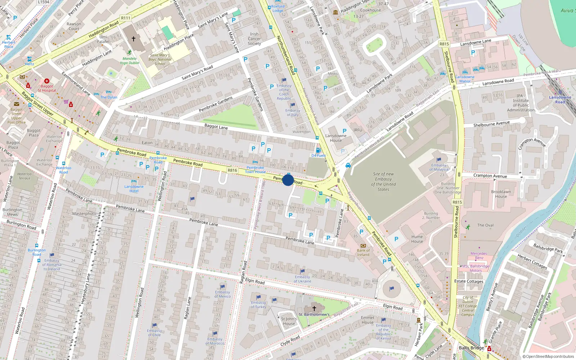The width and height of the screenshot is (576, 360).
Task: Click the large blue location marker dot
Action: (288, 180)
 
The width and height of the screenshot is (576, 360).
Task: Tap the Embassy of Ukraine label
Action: (302, 279)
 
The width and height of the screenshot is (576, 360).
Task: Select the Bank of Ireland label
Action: (363, 252)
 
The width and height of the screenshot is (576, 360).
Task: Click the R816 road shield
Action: (233, 170)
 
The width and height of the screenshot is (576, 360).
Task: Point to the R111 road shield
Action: (126, 18)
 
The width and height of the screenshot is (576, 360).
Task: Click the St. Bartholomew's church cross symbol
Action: (314, 309)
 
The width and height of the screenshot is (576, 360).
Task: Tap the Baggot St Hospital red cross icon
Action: (47, 81)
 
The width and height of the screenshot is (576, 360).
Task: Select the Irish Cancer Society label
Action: (254, 39)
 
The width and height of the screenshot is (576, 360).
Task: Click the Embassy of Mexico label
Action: (222, 294)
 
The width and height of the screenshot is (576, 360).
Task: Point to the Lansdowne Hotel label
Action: (134, 189)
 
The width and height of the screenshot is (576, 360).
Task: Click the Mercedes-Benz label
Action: (479, 256)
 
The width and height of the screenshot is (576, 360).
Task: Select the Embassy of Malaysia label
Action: (439, 167)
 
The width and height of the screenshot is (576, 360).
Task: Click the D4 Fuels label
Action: (319, 156)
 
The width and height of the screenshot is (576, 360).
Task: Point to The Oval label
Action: (485, 225)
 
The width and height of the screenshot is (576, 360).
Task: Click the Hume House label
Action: (417, 239)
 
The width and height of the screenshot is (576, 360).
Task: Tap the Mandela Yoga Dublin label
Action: (129, 60)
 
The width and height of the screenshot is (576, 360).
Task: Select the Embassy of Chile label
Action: (154, 333)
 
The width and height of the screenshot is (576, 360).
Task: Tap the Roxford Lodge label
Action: (278, 8)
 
